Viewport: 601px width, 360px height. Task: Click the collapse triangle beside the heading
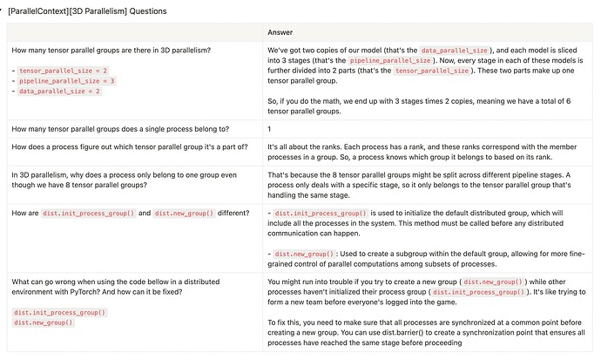coord(4,11)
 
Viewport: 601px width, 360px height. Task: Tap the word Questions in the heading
coord(143,11)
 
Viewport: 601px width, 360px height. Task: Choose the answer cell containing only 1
coord(269,130)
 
